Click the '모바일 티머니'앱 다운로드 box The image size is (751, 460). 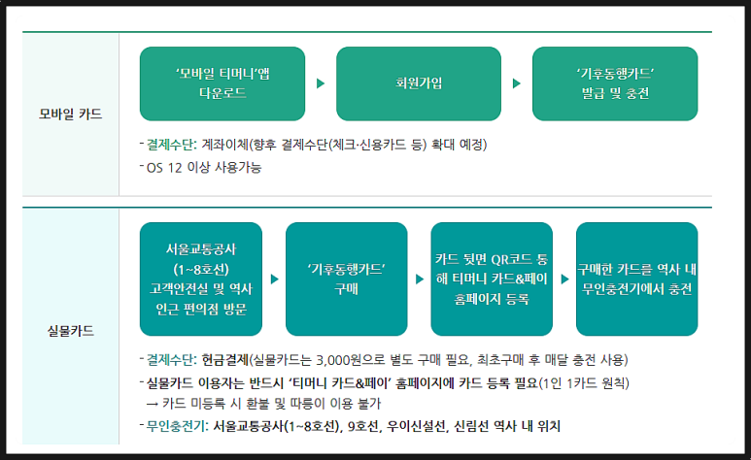tap(222, 83)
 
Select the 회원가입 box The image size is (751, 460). tap(419, 83)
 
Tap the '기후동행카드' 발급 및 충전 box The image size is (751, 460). tap(615, 83)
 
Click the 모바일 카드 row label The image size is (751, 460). tap(70, 114)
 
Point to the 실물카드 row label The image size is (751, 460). tap(70, 331)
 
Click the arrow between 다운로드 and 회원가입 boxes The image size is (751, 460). tap(321, 83)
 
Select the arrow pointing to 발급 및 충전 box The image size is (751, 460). tap(517, 83)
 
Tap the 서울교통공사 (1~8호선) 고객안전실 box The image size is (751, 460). tap(201, 279)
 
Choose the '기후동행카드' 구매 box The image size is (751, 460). tap(346, 279)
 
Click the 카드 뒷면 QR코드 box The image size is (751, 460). tap(492, 279)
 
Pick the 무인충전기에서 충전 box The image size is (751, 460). tap(636, 279)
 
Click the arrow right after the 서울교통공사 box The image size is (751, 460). tap(274, 279)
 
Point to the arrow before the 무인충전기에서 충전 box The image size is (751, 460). tap(565, 279)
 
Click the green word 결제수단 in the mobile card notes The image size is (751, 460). tap(170, 144)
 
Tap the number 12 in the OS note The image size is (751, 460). tap(175, 168)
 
